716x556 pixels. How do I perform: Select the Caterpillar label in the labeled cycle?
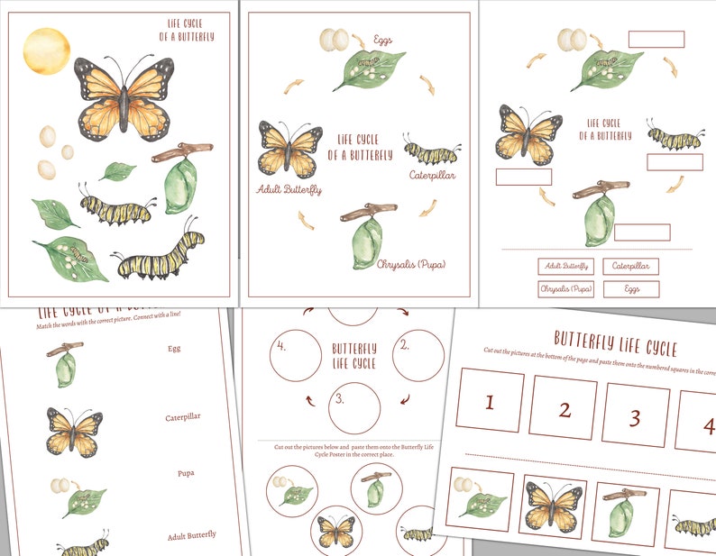tap(432, 175)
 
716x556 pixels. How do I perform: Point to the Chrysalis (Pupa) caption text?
tap(406, 265)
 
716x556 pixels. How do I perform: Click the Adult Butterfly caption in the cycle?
tap(289, 190)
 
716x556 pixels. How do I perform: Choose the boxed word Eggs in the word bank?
tap(631, 289)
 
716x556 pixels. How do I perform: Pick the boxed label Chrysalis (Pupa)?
tap(565, 289)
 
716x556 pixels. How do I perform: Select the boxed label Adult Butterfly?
tap(565, 267)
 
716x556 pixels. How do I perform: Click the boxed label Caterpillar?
tap(631, 267)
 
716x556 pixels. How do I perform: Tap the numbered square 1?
tap(490, 400)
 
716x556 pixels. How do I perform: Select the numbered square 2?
tap(564, 409)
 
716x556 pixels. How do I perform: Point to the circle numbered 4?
tap(296, 355)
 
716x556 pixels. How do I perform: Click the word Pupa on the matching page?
tap(187, 472)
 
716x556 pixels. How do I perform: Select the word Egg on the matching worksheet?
tap(176, 347)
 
